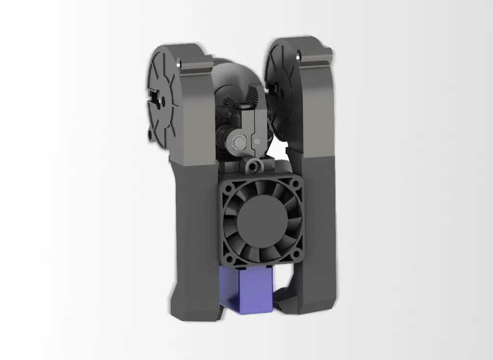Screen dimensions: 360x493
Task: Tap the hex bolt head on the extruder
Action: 239,141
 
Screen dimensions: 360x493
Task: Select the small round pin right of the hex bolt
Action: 257,141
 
